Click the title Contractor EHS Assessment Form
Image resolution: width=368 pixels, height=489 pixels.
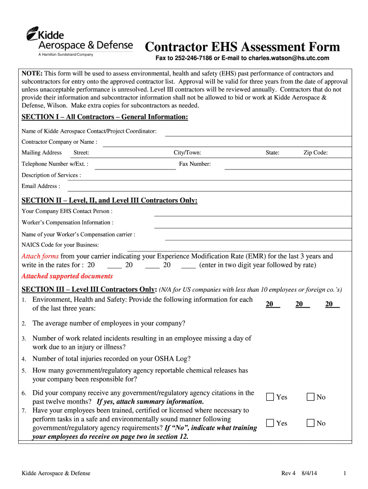[242, 47]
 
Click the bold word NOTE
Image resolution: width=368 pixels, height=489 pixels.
[32, 74]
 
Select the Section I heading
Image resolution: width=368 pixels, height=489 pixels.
[105, 117]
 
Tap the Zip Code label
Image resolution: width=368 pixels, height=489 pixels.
[315, 153]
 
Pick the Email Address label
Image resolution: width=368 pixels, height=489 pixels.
[41, 186]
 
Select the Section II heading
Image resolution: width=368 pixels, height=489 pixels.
[109, 200]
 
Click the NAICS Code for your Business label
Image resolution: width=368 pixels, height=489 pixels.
[60, 245]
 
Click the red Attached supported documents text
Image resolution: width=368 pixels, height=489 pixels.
[67, 276]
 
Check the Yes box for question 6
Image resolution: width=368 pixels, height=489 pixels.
[271, 397]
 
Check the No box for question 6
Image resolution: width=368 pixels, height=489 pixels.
[311, 397]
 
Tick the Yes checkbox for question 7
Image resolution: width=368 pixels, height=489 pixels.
[271, 423]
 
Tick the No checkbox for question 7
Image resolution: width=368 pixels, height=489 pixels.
[311, 423]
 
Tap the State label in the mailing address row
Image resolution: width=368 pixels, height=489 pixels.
[272, 153]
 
